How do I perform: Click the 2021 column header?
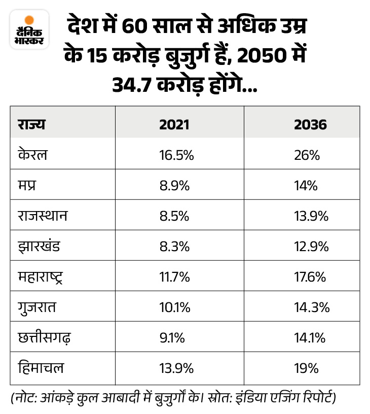[x=174, y=124]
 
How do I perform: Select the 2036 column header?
[x=310, y=124]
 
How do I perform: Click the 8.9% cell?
[x=174, y=186]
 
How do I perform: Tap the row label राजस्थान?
[x=43, y=216]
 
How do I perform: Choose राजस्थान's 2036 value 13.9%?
[x=311, y=216]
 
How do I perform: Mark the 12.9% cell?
[x=311, y=247]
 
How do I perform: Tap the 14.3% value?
[x=311, y=307]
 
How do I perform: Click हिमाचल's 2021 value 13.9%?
[x=176, y=368]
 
